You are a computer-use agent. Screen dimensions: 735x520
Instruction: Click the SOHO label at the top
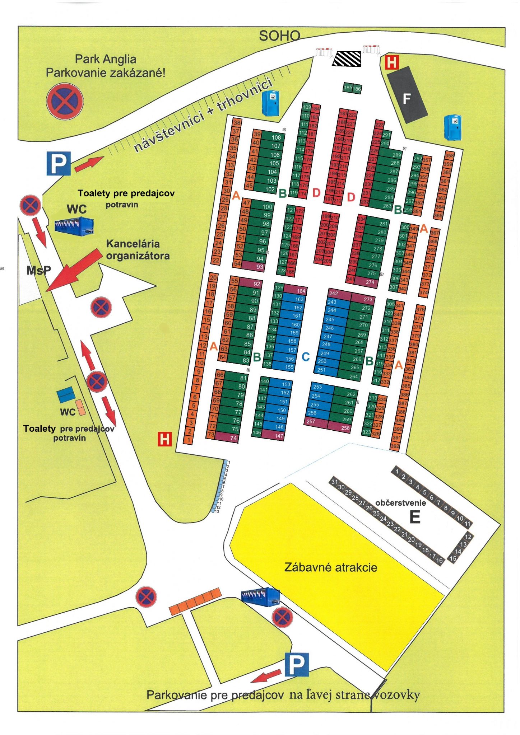pos(279,36)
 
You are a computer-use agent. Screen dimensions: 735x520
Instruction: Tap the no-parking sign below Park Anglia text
pos(65,101)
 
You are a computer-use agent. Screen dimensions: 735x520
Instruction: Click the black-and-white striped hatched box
pos(347,59)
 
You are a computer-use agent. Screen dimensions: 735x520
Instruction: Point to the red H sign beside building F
pos(391,62)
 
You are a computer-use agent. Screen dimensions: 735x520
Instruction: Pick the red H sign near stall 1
pos(165,439)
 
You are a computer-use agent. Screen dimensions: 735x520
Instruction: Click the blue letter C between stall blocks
pos(306,357)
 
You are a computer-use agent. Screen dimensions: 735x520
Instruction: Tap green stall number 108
pos(276,137)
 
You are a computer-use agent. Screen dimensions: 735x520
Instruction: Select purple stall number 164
pos(301,291)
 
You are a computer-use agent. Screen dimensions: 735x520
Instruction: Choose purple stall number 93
pos(260,267)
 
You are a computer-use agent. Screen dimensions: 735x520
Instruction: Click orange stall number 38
pos(237,122)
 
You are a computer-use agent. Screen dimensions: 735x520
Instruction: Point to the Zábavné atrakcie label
pos(330,567)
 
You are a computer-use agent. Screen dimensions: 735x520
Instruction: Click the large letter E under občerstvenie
pos(415,517)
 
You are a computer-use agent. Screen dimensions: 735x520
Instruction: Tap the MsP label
pos(38,270)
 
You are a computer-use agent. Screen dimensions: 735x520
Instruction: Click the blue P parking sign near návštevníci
pos(58,164)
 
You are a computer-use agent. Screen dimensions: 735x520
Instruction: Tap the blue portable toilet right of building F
pos(452,127)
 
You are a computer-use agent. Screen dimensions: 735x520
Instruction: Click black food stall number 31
pos(334,482)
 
